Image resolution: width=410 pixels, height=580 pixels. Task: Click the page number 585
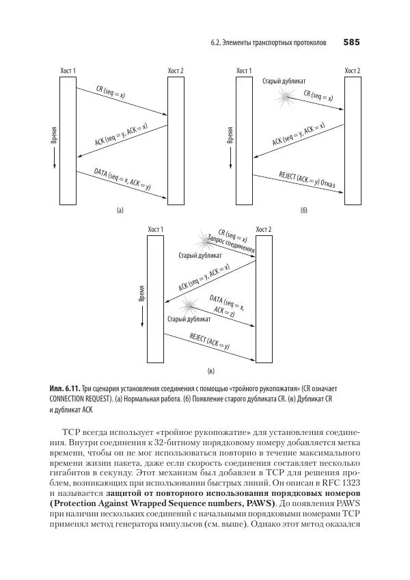point(351,42)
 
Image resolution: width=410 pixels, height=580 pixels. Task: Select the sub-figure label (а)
point(120,211)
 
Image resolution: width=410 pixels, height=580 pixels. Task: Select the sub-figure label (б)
point(304,211)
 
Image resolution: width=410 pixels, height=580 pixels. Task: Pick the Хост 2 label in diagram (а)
point(176,70)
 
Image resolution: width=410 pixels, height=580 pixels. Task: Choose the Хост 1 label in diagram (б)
point(244,70)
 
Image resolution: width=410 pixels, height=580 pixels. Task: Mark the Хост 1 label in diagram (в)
point(156,228)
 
